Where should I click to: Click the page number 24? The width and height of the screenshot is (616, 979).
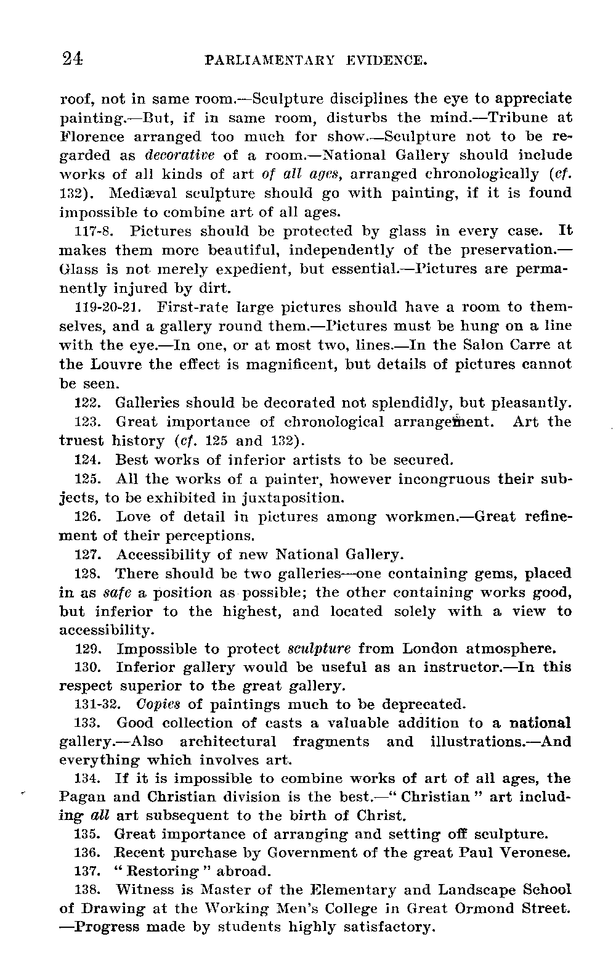pyautogui.click(x=72, y=59)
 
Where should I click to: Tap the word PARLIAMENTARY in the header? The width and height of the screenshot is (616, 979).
pyautogui.click(x=269, y=61)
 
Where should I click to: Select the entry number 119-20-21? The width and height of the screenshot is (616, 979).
pyautogui.click(x=108, y=307)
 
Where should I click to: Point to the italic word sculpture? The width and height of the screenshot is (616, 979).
pyautogui.click(x=319, y=649)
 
